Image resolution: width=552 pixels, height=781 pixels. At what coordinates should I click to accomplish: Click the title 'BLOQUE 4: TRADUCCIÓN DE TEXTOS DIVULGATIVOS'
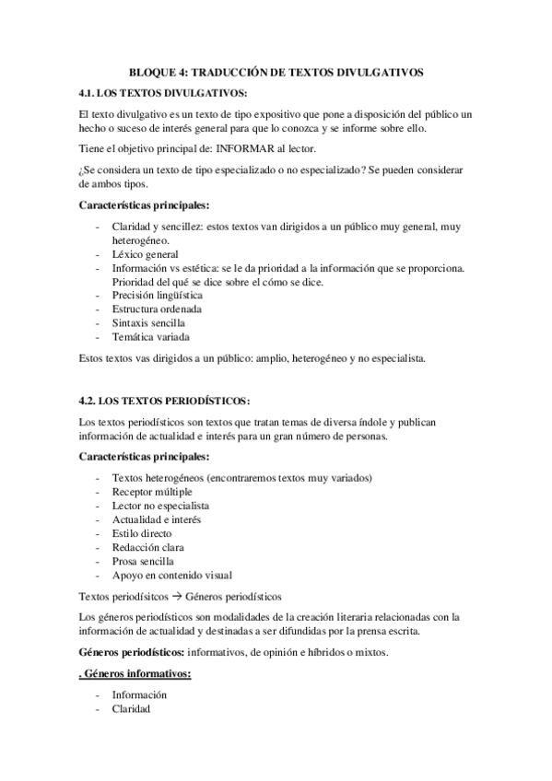tap(276, 72)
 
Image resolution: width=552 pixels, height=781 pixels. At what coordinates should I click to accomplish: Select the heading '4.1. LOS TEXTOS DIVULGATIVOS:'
tap(164, 93)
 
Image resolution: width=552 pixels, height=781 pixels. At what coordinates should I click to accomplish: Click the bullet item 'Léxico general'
tap(145, 254)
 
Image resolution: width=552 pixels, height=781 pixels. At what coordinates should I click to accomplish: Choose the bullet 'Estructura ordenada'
tap(157, 309)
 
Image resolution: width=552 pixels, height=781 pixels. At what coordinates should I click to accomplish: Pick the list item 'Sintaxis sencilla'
tap(148, 323)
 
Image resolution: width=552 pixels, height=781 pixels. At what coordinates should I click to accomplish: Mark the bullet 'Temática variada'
tap(151, 337)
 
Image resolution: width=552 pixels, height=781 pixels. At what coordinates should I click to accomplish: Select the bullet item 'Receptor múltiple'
tap(152, 492)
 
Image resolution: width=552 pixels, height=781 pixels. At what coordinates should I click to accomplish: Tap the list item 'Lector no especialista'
tap(160, 506)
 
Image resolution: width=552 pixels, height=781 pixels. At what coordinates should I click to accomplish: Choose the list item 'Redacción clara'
tap(147, 547)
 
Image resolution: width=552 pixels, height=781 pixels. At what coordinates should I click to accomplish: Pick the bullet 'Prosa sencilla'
tap(143, 561)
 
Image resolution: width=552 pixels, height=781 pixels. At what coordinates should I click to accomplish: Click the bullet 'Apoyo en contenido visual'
tap(172, 575)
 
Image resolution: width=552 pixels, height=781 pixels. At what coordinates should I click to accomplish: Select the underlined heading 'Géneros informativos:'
tap(135, 674)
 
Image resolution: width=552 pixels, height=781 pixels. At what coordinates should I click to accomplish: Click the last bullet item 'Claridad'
tap(131, 709)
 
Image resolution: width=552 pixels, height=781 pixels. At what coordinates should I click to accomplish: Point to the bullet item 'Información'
tap(139, 695)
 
